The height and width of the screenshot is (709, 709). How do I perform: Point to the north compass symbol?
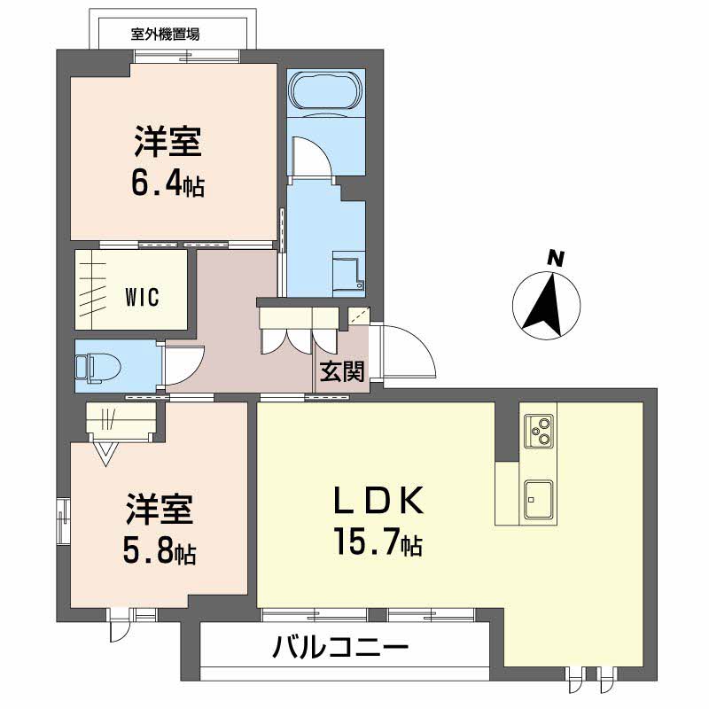[x=547, y=305]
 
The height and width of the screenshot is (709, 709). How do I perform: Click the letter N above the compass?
[x=556, y=259]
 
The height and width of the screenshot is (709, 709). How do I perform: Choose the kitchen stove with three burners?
[x=539, y=431]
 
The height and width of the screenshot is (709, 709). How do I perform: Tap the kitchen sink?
[x=539, y=501]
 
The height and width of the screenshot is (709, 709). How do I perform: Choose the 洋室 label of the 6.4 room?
[x=169, y=142]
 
